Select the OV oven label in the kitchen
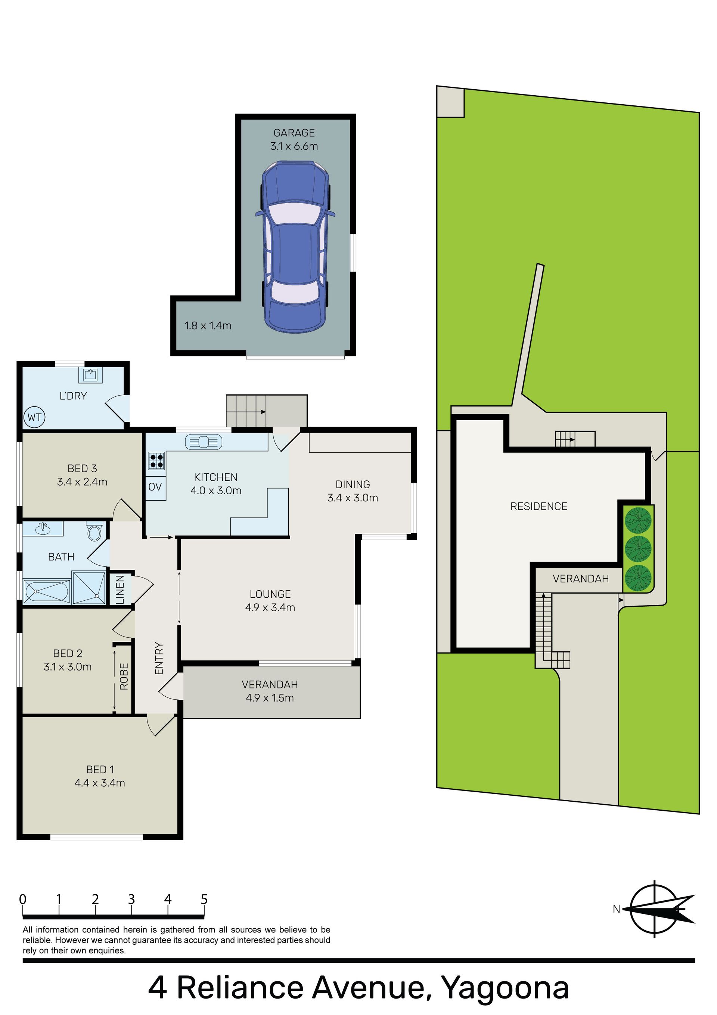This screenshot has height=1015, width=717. [x=155, y=487]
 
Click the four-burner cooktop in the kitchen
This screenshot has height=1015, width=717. [x=156, y=461]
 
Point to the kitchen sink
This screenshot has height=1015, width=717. [x=204, y=442]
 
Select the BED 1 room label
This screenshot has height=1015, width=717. [x=100, y=770]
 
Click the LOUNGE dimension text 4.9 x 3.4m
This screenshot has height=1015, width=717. [x=270, y=607]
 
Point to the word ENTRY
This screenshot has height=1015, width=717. [x=159, y=658]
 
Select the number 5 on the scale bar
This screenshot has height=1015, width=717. [x=204, y=899]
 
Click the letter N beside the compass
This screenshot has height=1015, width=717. [x=616, y=909]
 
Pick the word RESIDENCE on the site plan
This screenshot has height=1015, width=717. [x=539, y=506]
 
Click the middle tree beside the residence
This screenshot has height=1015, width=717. [x=638, y=549]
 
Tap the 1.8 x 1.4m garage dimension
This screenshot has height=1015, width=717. [x=208, y=326]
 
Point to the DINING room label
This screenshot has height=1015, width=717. [x=353, y=484]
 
